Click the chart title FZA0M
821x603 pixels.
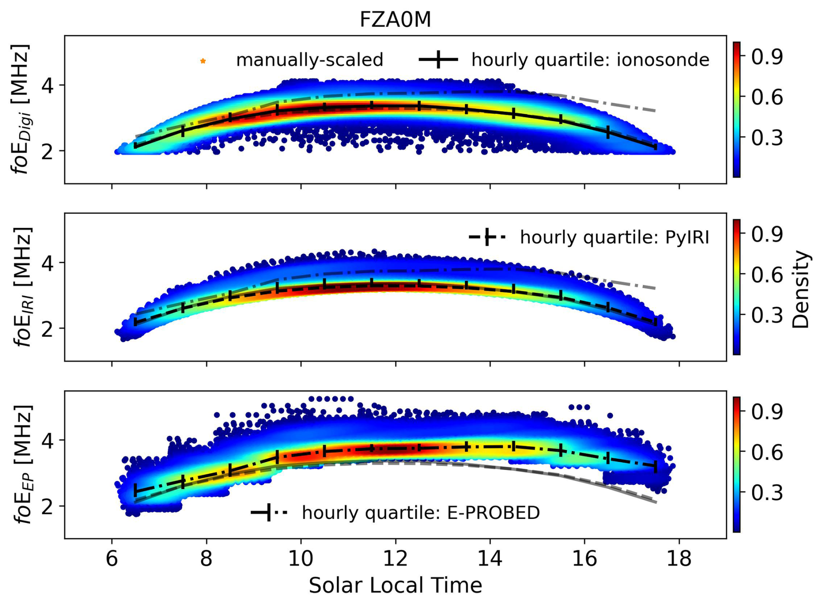pos(395,20)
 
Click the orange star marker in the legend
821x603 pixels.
pos(203,61)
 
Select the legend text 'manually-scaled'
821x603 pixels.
pos(309,60)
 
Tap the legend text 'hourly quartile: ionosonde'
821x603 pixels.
pos(590,60)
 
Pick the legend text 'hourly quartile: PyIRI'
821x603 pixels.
pos(614,237)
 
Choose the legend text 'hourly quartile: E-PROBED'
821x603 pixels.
pos(420,513)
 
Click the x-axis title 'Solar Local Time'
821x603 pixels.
pos(395,585)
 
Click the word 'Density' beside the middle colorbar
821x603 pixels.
pos(801,289)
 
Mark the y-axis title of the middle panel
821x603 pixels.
pos(21,287)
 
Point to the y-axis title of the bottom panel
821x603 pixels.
pos(21,465)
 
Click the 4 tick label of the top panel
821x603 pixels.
pos(48,85)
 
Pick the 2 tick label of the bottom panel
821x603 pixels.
pos(48,506)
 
